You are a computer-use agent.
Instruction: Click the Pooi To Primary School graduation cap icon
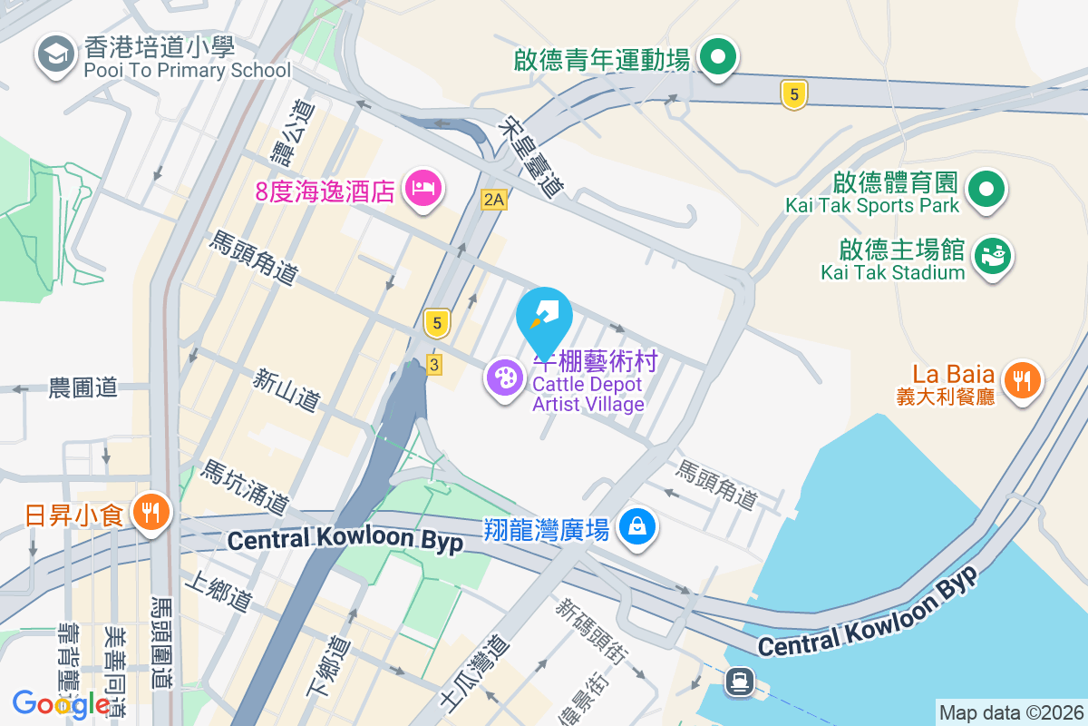tap(55, 55)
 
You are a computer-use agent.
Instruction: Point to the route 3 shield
tap(434, 364)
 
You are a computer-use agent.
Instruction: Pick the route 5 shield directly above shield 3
tap(437, 322)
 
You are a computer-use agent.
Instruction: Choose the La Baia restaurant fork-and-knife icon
tap(1022, 379)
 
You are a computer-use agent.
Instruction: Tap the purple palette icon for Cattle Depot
tap(504, 378)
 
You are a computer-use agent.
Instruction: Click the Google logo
tap(62, 703)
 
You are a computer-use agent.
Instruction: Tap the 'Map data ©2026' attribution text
tap(1011, 712)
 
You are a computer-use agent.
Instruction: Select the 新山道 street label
tap(287, 388)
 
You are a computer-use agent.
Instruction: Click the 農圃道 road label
tap(83, 388)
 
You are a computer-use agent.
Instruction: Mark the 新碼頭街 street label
tap(593, 627)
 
